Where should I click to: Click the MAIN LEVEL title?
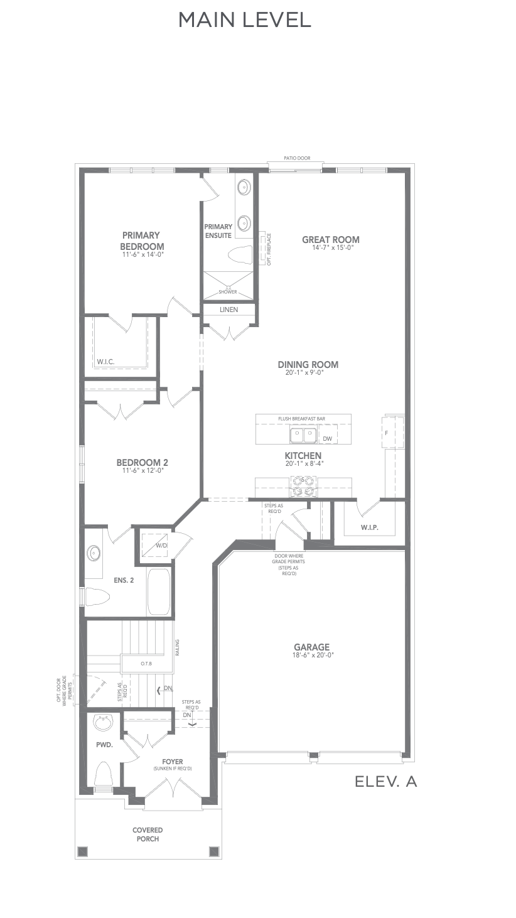point(245,20)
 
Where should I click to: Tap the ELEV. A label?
point(385,782)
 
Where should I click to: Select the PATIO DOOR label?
point(297,158)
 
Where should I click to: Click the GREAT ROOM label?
point(331,240)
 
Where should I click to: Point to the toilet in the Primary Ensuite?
point(240,255)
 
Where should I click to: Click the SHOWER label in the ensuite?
point(228,292)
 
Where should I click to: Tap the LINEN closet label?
point(228,310)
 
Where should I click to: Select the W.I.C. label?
point(105,362)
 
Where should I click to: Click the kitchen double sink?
point(303,435)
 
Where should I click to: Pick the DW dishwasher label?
point(328,439)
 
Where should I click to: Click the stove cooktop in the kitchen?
point(303,487)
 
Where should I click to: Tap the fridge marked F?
point(392,433)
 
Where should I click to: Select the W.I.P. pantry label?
point(370,527)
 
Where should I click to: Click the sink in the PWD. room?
point(103,723)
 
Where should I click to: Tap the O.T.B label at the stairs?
point(146,664)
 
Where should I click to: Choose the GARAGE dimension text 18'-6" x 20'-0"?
point(311,656)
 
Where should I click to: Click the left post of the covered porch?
point(83,851)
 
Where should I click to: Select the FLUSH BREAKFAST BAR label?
point(302,419)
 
